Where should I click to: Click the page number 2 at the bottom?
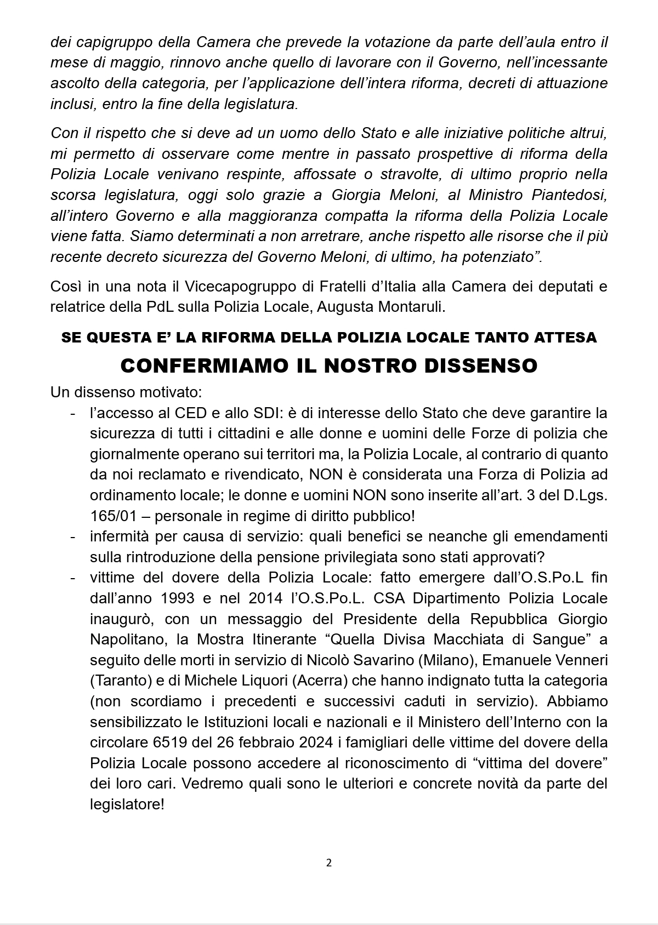(329, 863)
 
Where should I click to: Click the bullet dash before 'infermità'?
(73, 536)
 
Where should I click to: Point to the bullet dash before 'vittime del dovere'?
(73, 578)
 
